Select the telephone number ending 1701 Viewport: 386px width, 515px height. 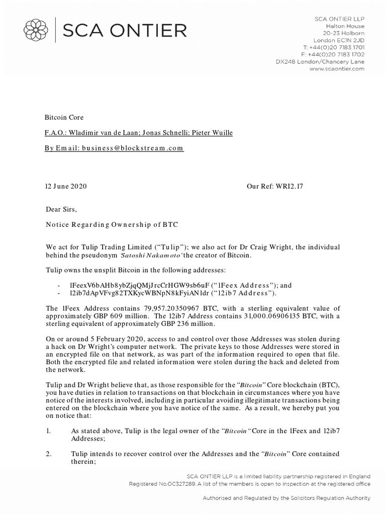[x=340, y=47]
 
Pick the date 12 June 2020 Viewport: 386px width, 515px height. [x=66, y=186]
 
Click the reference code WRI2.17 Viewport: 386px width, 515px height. [x=288, y=186]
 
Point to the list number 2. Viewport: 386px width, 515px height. [x=48, y=454]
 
